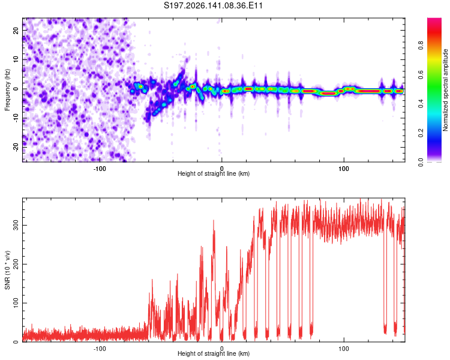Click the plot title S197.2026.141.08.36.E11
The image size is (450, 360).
(x=213, y=5)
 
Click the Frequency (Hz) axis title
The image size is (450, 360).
(x=7, y=90)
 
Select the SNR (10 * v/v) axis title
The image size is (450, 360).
(x=7, y=270)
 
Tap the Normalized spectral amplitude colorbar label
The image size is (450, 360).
(x=445, y=90)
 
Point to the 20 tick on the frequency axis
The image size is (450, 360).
(x=16, y=30)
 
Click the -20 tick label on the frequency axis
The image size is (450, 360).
(x=16, y=147)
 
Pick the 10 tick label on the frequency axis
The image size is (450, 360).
(x=16, y=59)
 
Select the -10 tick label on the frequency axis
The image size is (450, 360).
(x=16, y=118)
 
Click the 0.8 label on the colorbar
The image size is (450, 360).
(x=421, y=46)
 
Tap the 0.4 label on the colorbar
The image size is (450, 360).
(x=421, y=104)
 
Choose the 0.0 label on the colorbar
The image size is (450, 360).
(x=421, y=162)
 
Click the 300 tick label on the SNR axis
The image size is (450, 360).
(x=16, y=226)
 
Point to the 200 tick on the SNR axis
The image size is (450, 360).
(x=16, y=264)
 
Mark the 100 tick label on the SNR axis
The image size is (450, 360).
(x=16, y=303)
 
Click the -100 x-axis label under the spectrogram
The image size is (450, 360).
(x=100, y=169)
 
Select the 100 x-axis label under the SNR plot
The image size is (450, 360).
(x=344, y=349)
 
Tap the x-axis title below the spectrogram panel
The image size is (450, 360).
(x=214, y=173)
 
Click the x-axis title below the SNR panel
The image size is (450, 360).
(x=214, y=353)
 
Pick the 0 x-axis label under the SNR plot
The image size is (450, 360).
(x=221, y=349)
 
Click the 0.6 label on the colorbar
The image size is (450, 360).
(x=421, y=74)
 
